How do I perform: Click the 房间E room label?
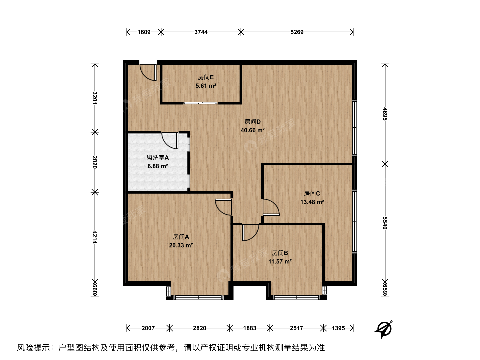pyautogui.click(x=206, y=77)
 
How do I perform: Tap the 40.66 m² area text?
pyautogui.click(x=253, y=130)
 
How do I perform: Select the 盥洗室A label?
pyautogui.click(x=158, y=158)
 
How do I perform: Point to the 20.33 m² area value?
pyautogui.click(x=181, y=245)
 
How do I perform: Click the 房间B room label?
pyautogui.click(x=280, y=253)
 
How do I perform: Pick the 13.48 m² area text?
pyautogui.click(x=312, y=202)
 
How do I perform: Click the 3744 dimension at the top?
pyautogui.click(x=201, y=32)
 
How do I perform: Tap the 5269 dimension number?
pyautogui.click(x=297, y=32)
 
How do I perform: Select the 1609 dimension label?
pyautogui.click(x=144, y=32)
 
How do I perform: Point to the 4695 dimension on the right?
pyautogui.click(x=385, y=114)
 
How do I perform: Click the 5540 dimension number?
pyautogui.click(x=385, y=223)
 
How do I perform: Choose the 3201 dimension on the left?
pyautogui.click(x=94, y=98)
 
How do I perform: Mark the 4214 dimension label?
pyautogui.click(x=94, y=237)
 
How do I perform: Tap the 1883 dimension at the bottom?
pyautogui.click(x=250, y=328)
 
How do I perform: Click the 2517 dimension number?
pyautogui.click(x=297, y=328)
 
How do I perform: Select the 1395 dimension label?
pyautogui.click(x=338, y=328)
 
